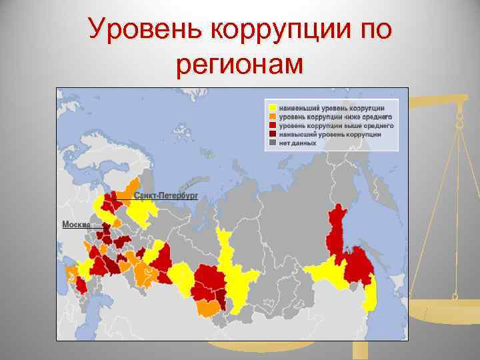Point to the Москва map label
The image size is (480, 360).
click(x=76, y=224)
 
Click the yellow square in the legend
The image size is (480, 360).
click(x=273, y=107)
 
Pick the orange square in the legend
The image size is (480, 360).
click(x=273, y=116)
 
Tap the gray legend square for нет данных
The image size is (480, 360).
click(x=273, y=142)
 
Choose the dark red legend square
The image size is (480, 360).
click(x=273, y=133)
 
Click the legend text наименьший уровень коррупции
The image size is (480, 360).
click(x=331, y=107)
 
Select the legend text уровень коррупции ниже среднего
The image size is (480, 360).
click(x=335, y=116)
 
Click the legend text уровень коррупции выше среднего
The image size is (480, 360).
click(x=336, y=125)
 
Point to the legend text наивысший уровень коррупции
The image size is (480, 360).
click(x=330, y=133)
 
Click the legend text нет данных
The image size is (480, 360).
click(x=297, y=142)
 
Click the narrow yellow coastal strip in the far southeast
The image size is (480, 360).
click(x=371, y=293)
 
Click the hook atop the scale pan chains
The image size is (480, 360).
click(x=459, y=119)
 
